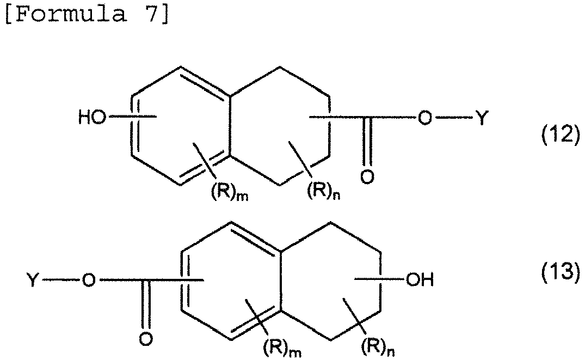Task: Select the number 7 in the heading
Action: (x=150, y=14)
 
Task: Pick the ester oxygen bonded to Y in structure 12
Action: (x=424, y=118)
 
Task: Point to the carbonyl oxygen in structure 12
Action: (x=367, y=176)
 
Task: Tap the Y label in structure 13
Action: (x=33, y=279)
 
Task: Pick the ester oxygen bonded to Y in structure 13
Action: (x=88, y=280)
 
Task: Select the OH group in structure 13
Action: (x=420, y=279)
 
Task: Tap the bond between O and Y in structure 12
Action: (x=453, y=118)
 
